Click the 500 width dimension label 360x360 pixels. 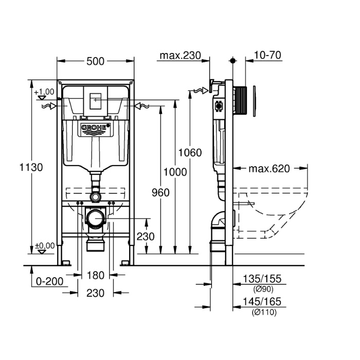click(95, 61)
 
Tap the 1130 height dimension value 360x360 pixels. click(31, 167)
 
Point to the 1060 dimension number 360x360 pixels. click(190, 153)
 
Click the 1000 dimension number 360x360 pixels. click(175, 172)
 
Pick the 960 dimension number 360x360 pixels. click(160, 193)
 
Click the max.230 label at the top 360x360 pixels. click(180, 56)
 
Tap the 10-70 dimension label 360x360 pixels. click(267, 56)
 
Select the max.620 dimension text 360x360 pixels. click(269, 169)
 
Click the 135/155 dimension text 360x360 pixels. click(262, 279)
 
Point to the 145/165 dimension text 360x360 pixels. click(262, 301)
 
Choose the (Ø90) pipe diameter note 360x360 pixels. click(263, 289)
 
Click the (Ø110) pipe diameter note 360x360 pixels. click(264, 312)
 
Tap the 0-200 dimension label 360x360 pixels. click(49, 281)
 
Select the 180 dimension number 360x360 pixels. click(96, 275)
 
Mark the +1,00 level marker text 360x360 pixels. click(44, 92)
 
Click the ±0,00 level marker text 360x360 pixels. click(45, 246)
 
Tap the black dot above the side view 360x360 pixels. click(233, 61)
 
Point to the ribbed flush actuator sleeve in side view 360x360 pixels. click(240, 100)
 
